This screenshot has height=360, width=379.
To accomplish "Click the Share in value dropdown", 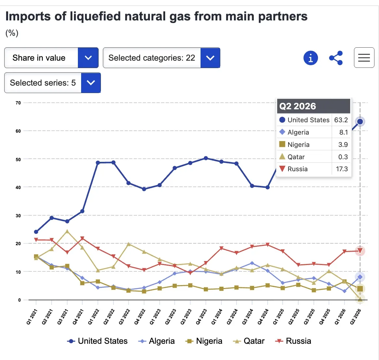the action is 51,58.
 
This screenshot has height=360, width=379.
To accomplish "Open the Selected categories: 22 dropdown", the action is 162,58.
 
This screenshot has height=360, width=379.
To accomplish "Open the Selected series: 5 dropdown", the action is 53,83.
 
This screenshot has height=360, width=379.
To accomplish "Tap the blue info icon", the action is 311,58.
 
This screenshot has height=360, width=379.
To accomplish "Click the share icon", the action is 336,58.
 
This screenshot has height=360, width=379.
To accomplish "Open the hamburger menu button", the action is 364,58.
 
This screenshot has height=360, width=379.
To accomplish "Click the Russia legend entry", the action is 293,341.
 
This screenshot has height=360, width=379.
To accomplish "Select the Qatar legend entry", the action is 249,341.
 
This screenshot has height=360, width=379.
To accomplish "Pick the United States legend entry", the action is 97,341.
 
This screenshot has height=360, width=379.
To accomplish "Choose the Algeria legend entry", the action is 156,341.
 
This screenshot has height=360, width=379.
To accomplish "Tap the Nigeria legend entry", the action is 204,341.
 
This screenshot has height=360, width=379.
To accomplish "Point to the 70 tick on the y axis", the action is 18,103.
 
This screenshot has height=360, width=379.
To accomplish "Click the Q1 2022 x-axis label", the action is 93,317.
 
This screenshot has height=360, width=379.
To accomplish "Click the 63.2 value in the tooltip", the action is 341,120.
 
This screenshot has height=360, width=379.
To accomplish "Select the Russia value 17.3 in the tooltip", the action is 342,169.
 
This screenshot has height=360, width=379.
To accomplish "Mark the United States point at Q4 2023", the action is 206,158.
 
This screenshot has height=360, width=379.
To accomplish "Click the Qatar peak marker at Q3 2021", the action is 67,232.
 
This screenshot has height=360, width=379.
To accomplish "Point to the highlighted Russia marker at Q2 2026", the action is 360,251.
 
